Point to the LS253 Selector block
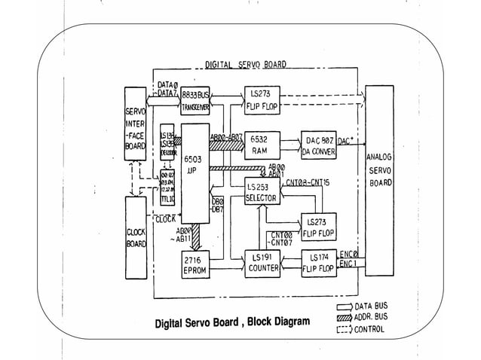click(262, 193)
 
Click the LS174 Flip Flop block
click(319, 264)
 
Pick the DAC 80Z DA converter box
click(318, 145)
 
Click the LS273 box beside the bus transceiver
click(262, 101)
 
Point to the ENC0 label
click(349, 254)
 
